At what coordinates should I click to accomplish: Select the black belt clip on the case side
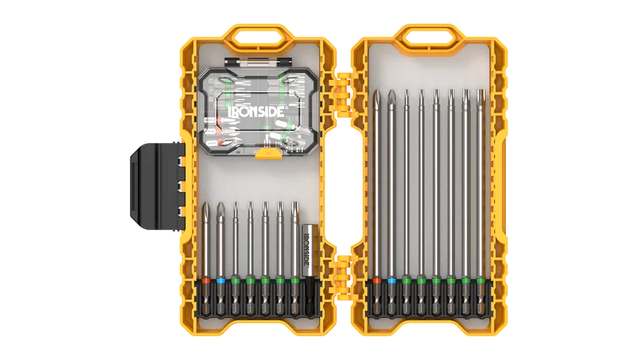[157, 186]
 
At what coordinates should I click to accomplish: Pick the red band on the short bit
[206, 281]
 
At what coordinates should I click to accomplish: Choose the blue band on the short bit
[221, 281]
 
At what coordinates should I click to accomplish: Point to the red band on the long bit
[377, 281]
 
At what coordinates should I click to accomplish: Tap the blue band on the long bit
[392, 281]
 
